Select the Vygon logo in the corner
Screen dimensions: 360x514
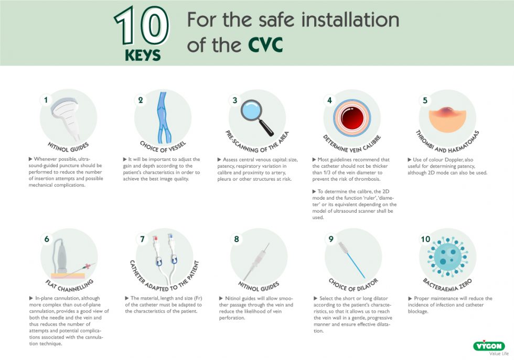489,346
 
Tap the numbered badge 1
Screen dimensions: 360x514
46,100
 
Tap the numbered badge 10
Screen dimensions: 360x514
425,239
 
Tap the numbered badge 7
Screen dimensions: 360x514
141,239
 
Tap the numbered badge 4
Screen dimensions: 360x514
329,100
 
